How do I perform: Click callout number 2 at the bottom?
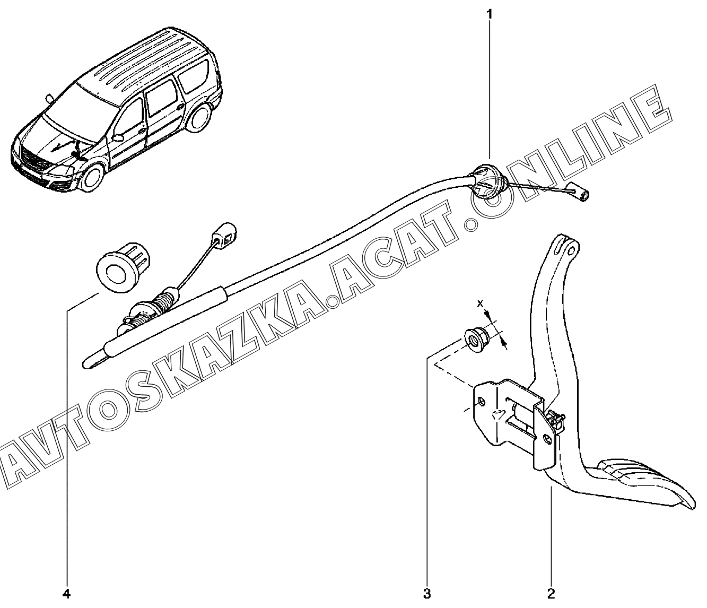tap(551, 593)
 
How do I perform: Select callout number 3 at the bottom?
tap(427, 593)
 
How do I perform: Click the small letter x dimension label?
tap(481, 304)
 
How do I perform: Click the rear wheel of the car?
tap(199, 119)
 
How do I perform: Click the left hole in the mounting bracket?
tap(481, 402)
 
